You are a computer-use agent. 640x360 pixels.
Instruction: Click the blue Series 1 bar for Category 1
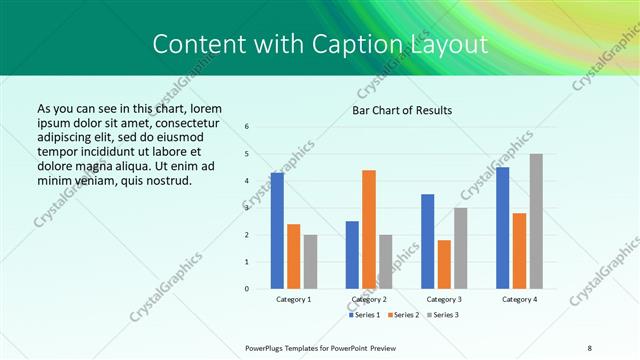click(277, 231)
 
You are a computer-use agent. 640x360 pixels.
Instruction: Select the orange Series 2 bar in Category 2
click(369, 229)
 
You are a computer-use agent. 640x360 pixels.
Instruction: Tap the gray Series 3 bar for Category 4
click(536, 221)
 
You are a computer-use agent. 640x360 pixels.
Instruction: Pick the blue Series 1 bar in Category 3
click(428, 241)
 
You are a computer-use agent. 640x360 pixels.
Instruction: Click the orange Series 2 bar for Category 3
click(444, 264)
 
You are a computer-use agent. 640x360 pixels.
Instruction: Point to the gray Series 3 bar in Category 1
click(310, 262)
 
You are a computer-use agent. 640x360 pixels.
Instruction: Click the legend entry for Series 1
click(365, 315)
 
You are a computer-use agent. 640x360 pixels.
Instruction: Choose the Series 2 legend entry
click(405, 315)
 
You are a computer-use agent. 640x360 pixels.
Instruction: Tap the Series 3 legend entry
click(445, 315)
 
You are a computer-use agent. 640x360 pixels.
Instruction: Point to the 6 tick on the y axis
click(247, 126)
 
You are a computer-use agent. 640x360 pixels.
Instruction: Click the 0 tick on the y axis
click(247, 289)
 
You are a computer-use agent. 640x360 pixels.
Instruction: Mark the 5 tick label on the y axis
click(247, 153)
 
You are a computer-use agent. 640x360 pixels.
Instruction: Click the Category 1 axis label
click(293, 299)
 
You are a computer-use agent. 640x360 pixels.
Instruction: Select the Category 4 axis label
click(519, 299)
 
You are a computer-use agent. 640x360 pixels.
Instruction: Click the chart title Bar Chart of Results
click(403, 110)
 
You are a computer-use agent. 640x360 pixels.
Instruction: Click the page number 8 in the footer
click(590, 347)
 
